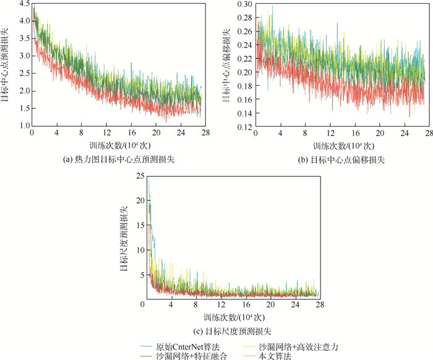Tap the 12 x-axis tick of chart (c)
[x=221, y=306]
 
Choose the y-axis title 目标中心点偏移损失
[x=226, y=65]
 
